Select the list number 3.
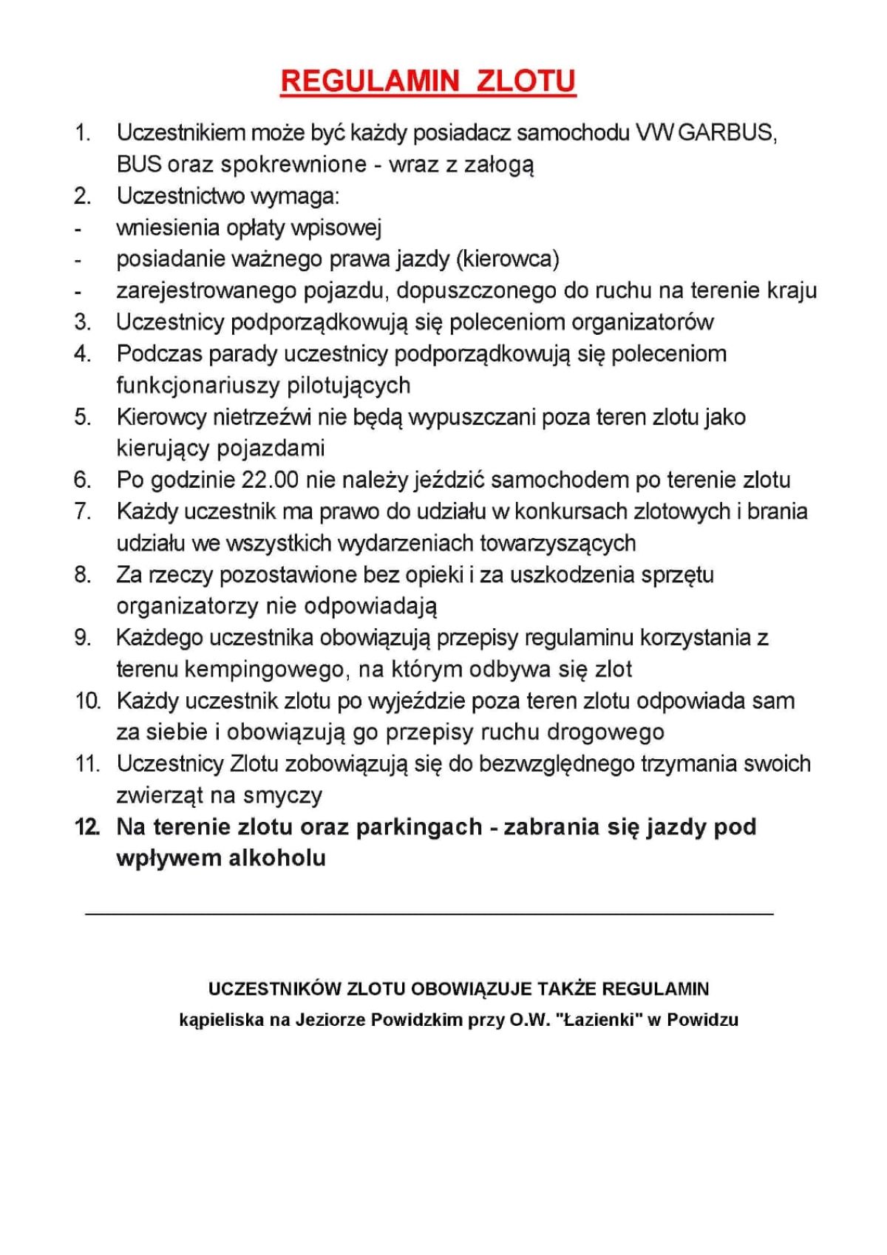tap(82, 322)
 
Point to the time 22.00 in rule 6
tap(270, 480)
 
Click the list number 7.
tap(82, 511)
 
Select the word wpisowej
tap(336, 228)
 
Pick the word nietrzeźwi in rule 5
tap(262, 417)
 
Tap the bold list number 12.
tap(86, 827)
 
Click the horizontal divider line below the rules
tap(429, 915)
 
